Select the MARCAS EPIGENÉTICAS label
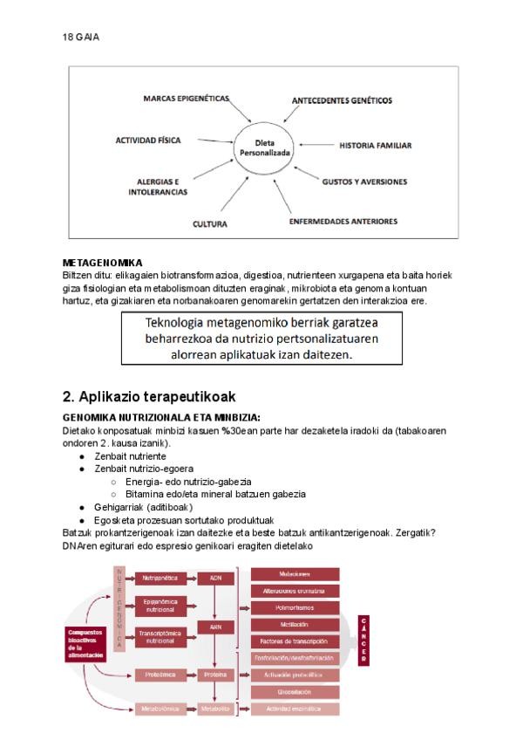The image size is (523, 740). click(x=186, y=99)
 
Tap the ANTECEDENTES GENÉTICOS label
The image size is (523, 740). click(x=342, y=101)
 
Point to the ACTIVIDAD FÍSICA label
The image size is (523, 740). click(x=149, y=140)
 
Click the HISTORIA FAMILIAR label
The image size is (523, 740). click(x=375, y=145)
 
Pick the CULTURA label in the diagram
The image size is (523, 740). click(x=210, y=224)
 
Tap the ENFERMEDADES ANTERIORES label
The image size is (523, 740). click(x=343, y=221)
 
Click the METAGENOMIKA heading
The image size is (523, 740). click(x=103, y=263)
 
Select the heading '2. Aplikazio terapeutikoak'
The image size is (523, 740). click(x=149, y=397)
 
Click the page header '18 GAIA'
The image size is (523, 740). click(x=81, y=37)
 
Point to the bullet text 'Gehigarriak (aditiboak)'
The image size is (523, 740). click(x=143, y=506)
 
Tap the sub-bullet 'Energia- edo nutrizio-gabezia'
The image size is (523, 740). click(x=188, y=481)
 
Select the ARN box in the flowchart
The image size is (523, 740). click(x=216, y=627)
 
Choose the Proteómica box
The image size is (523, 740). click(x=158, y=675)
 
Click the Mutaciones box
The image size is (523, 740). click(x=295, y=574)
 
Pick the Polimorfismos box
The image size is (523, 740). click(x=295, y=607)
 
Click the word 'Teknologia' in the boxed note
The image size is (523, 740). click(x=178, y=320)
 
